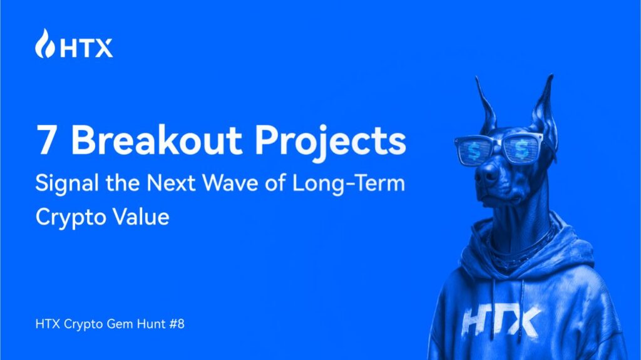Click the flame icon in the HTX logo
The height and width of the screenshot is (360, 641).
point(46,44)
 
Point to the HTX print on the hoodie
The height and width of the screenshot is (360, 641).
point(501,321)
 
